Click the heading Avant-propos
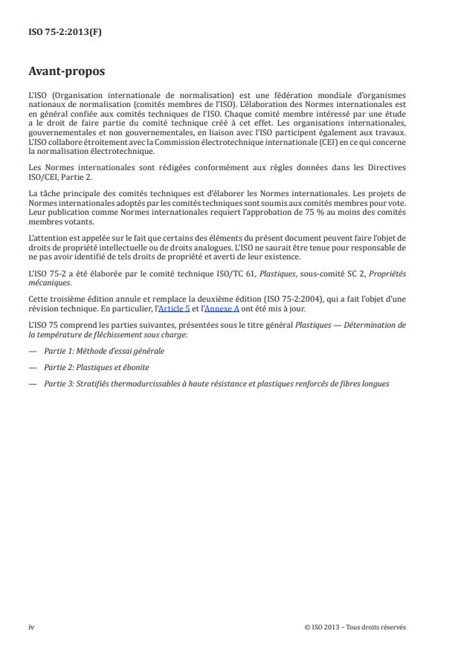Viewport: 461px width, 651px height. coord(66,72)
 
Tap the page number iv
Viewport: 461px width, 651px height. coord(31,627)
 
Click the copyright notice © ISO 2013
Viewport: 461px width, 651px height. coord(355,627)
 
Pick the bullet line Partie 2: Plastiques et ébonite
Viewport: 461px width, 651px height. coord(97,367)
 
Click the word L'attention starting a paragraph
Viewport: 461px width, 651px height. coord(48,239)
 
